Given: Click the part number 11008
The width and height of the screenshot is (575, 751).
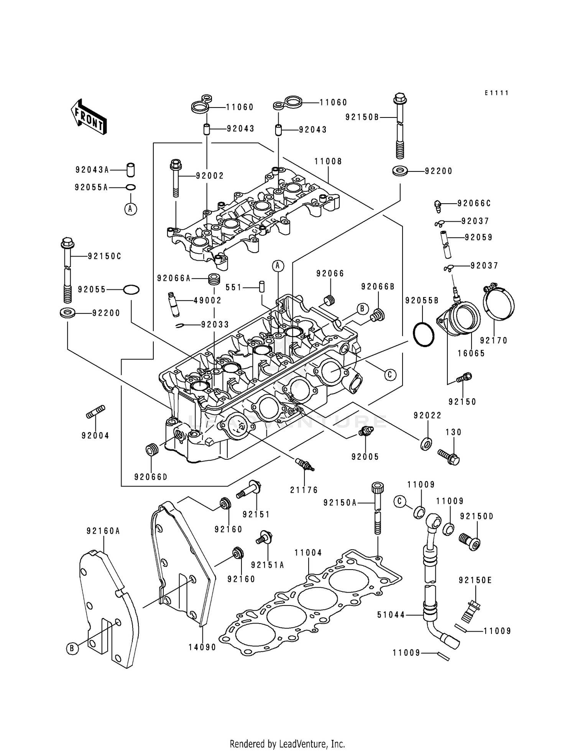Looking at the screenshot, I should (328, 162).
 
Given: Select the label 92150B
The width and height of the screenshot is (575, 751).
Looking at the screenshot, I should (362, 117).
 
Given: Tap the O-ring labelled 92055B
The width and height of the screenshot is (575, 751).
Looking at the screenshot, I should (423, 334).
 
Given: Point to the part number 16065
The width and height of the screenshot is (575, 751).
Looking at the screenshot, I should (472, 353).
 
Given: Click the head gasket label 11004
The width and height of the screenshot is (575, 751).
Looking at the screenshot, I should (308, 553).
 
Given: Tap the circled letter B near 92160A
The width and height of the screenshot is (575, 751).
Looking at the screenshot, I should (72, 648).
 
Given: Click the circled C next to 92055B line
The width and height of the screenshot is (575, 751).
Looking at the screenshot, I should (389, 374).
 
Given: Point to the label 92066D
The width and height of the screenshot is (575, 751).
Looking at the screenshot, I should (151, 477).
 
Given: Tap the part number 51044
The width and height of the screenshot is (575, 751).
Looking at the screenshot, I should (391, 615).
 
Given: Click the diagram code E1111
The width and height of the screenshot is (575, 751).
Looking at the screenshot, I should (496, 93).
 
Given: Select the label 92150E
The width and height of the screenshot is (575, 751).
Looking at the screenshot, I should (475, 580).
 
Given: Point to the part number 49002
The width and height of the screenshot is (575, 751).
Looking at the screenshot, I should (207, 300).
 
